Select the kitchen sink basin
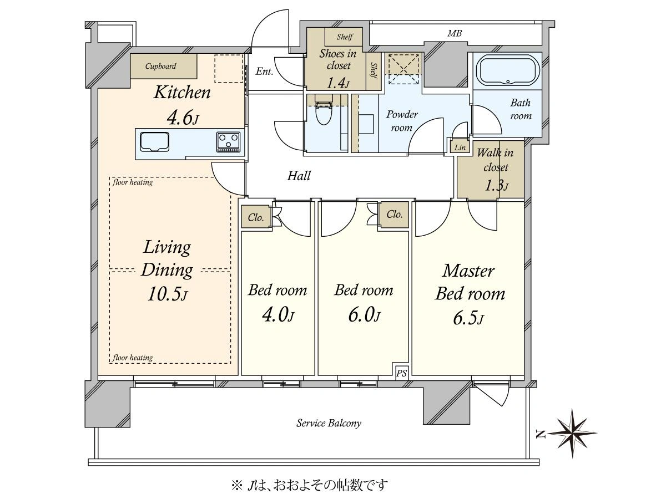[154, 142]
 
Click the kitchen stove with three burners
[229, 142]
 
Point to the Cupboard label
[160, 66]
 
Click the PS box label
[401, 373]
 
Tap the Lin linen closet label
[460, 147]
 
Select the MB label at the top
[455, 33]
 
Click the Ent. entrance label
[264, 72]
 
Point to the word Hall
[299, 176]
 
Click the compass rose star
[572, 433]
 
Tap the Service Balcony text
[329, 423]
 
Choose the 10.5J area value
[168, 294]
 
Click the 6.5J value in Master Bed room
[469, 318]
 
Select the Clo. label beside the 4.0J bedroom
[255, 217]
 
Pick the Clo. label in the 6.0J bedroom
[394, 215]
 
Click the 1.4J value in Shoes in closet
[338, 83]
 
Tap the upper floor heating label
[133, 182]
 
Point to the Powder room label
[402, 121]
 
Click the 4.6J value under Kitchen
[183, 118]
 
